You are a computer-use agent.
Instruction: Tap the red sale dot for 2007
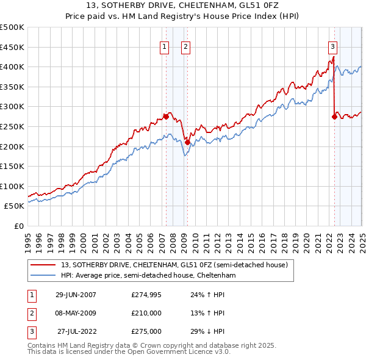[166, 116]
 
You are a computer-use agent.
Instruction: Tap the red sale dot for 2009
[187, 142]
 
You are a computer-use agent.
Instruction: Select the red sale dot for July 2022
[334, 116]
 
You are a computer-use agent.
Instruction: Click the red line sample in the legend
[43, 265]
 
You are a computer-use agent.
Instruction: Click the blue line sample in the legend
[43, 275]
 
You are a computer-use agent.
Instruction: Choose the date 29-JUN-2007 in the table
[76, 295]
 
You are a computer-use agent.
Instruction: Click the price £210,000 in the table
[146, 313]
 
